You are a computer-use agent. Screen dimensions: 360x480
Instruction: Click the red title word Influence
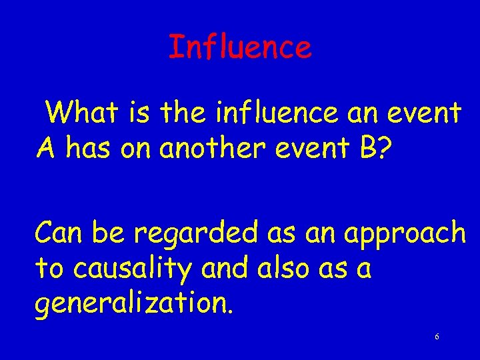coord(240,47)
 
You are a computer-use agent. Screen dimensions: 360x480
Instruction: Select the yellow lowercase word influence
coord(277,113)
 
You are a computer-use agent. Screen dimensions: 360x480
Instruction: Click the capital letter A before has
coord(45,149)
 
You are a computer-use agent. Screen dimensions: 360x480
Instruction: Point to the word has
coord(89,149)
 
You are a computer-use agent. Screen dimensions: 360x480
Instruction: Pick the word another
coord(204,149)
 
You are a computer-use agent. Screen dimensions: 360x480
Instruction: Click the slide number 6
coord(437,337)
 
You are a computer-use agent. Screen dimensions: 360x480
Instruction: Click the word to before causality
coord(48,269)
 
